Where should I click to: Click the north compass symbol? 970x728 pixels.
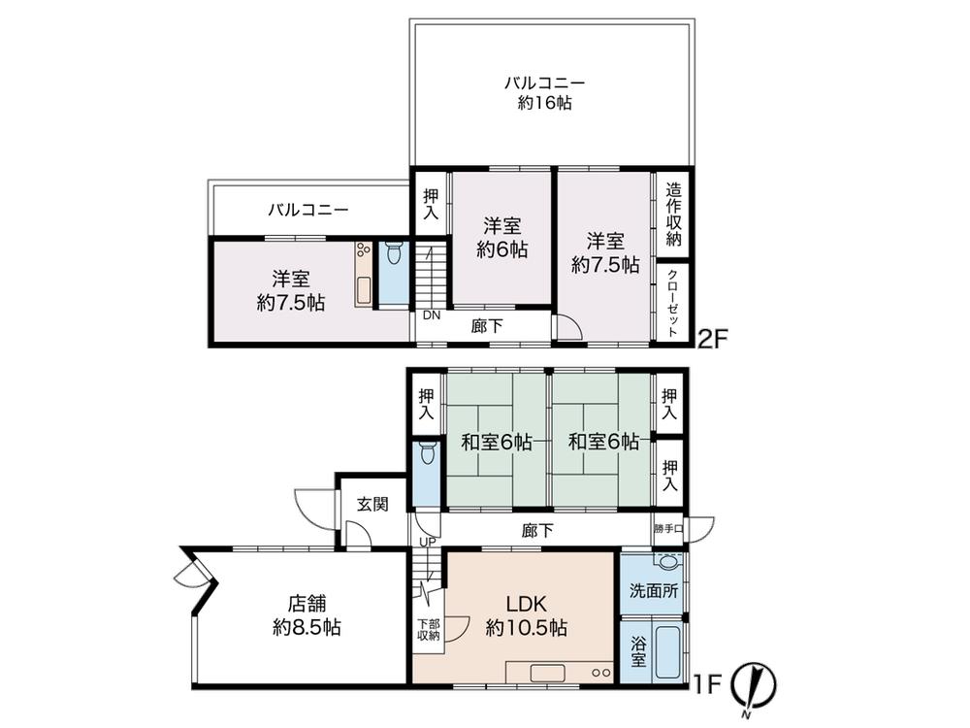pyautogui.click(x=754, y=687)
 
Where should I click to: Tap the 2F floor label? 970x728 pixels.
pyautogui.click(x=714, y=339)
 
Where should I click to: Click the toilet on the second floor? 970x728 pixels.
pyautogui.click(x=394, y=252)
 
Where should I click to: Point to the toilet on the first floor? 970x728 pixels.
pyautogui.click(x=426, y=453)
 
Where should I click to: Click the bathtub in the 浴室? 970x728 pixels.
pyautogui.click(x=668, y=652)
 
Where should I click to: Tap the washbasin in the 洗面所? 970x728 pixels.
pyautogui.click(x=667, y=561)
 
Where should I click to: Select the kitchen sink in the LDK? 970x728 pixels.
pyautogui.click(x=546, y=673)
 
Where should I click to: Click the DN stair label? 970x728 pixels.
pyautogui.click(x=432, y=315)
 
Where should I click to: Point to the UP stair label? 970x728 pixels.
pyautogui.click(x=428, y=543)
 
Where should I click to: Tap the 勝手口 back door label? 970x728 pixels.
pyautogui.click(x=668, y=529)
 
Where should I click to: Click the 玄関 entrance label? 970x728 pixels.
pyautogui.click(x=373, y=505)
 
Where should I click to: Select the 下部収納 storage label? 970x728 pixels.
pyautogui.click(x=428, y=630)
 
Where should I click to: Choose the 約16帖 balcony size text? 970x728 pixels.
pyautogui.click(x=545, y=103)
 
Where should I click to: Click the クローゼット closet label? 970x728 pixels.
pyautogui.click(x=673, y=303)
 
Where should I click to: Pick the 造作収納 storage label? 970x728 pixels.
pyautogui.click(x=673, y=215)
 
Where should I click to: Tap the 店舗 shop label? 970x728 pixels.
pyautogui.click(x=307, y=603)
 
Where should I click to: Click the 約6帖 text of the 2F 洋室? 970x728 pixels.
pyautogui.click(x=502, y=249)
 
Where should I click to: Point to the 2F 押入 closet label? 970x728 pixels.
pyautogui.click(x=431, y=204)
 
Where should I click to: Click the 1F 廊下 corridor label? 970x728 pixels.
pyautogui.click(x=537, y=531)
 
